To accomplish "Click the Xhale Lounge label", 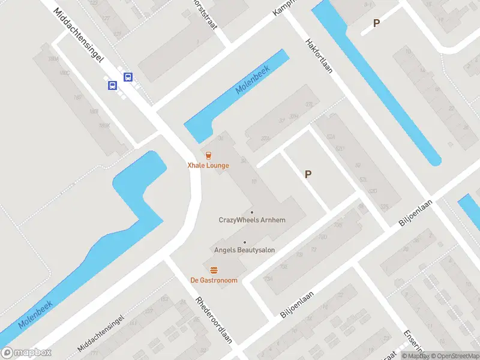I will (208, 165).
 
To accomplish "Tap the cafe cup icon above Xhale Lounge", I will (208, 155).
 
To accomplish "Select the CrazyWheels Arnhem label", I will (251, 220).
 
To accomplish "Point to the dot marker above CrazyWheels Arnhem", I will (251, 212).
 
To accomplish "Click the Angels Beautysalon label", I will (244, 250).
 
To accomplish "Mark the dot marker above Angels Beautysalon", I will (244, 242).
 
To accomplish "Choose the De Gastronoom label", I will (214, 280).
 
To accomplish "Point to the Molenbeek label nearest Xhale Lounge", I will (253, 79).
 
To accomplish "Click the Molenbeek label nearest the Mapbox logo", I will (35, 314).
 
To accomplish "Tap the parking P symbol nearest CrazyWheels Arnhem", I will (308, 175).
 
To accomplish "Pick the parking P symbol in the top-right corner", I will (376, 23).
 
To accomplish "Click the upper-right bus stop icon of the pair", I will (128, 77).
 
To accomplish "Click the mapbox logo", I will (26, 353).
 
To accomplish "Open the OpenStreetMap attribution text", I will (455, 356).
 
